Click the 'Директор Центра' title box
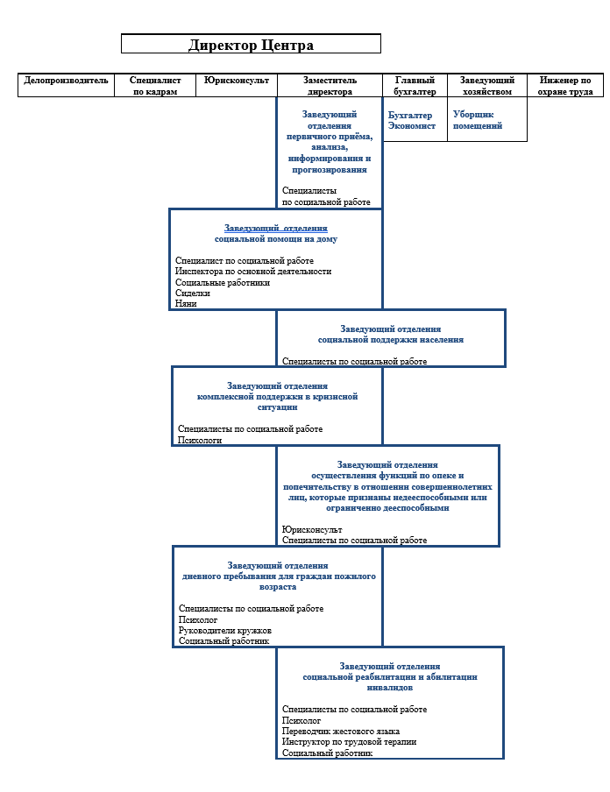[251, 44]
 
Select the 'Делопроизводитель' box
[67, 85]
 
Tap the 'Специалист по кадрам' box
[155, 85]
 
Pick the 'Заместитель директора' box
[330, 85]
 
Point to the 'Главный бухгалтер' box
[415, 85]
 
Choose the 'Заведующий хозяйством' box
[487, 85]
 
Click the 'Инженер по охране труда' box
[565, 85]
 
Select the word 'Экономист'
[411, 126]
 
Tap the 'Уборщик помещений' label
[478, 120]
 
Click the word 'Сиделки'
[193, 293]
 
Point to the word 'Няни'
[186, 303]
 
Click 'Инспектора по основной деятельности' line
[253, 272]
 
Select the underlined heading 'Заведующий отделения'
[275, 229]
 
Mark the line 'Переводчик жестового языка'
[341, 731]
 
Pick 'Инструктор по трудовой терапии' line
[349, 741]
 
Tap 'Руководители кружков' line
[225, 631]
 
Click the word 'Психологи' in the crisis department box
[200, 440]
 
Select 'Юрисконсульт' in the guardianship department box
[312, 529]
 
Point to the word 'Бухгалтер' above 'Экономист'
[410, 115]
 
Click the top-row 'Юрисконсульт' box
[237, 85]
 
